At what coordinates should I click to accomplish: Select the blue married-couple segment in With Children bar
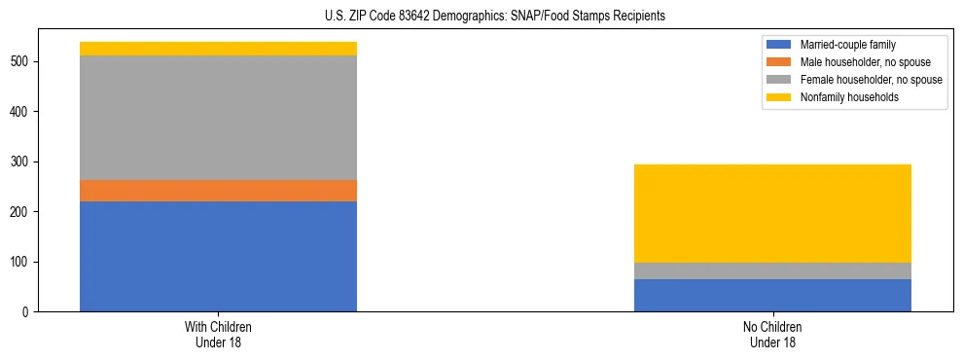point(218,256)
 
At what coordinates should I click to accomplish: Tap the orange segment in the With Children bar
point(218,191)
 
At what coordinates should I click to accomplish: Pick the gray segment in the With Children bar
point(218,118)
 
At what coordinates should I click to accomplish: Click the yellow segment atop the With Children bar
point(218,49)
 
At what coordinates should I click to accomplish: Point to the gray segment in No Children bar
point(772,270)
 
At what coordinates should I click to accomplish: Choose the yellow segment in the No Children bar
point(772,213)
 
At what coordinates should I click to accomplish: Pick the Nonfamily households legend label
point(843,97)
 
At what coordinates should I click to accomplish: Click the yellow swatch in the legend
point(779,97)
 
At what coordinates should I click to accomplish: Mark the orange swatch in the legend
point(779,62)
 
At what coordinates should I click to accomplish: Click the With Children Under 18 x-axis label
point(218,335)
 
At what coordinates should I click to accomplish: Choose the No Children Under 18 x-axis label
point(772,335)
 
